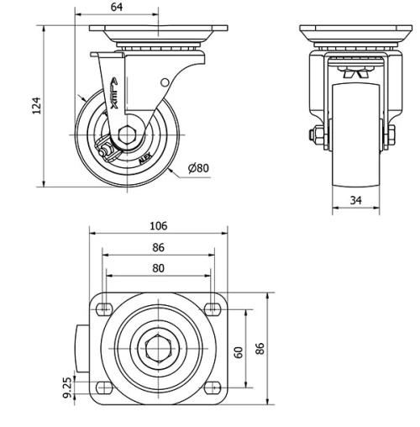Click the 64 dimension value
point(116,8)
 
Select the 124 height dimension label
point(36,104)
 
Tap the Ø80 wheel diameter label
point(199,167)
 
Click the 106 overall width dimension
point(158,225)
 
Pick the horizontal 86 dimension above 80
point(158,248)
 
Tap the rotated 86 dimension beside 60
point(260,349)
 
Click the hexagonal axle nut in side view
point(125,134)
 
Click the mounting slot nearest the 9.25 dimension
point(104,386)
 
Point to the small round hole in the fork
point(165,82)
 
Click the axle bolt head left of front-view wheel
point(314,134)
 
